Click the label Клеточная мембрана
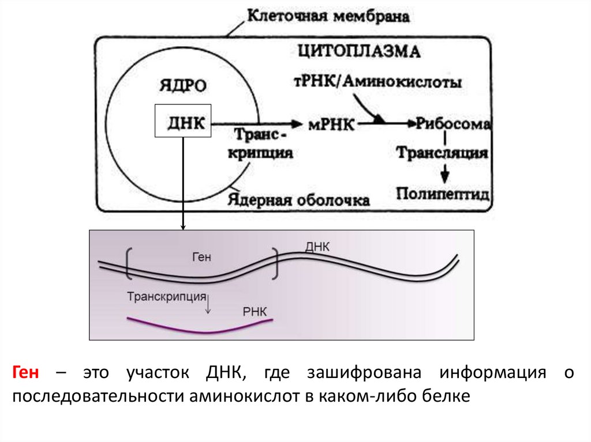328,16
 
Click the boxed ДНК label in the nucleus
183,121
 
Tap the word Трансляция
442,154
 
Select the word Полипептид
443,192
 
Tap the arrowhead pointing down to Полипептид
444,174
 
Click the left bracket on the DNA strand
127,264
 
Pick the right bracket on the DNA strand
276,265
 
